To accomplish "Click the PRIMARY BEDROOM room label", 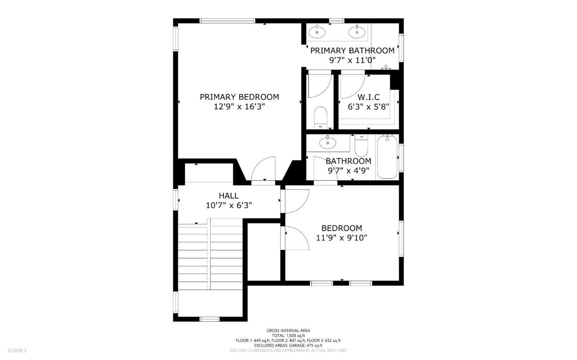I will click(x=239, y=97).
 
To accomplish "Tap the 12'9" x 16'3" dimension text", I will click(x=239, y=107).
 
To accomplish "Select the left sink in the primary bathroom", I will click(x=317, y=32).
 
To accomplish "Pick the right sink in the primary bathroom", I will click(x=356, y=32).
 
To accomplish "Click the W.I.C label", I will click(x=368, y=97).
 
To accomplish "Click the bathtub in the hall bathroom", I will click(x=387, y=157).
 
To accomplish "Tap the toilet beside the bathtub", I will click(x=361, y=147).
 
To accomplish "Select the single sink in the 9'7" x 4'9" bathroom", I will click(x=327, y=142).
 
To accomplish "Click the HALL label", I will click(x=228, y=195).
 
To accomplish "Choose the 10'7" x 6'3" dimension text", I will click(x=228, y=205).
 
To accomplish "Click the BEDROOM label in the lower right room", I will click(x=341, y=228).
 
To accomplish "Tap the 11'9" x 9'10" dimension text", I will click(x=341, y=238).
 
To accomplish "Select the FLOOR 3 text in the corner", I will click(x=17, y=350).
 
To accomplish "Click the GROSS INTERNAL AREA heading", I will click(x=288, y=330).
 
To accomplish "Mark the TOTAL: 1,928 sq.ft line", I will click(x=288, y=336).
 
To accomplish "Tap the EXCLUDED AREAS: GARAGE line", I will click(x=288, y=345).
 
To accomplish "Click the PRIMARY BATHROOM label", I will click(x=352, y=50).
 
